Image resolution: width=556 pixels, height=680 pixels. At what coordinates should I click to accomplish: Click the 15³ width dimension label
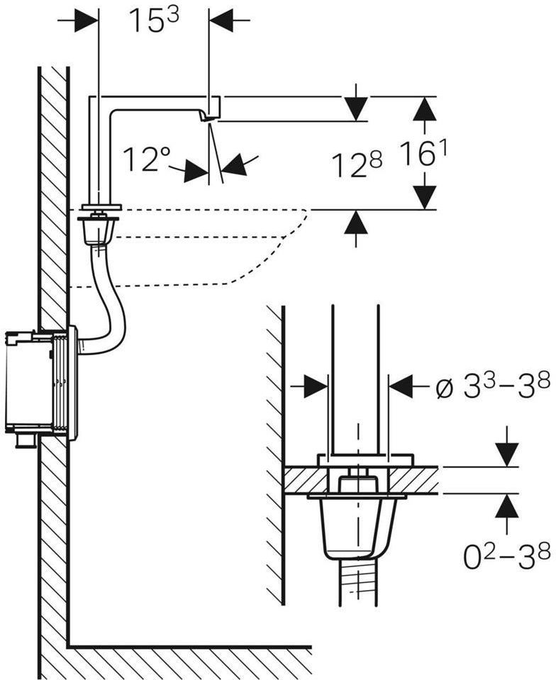click(x=154, y=20)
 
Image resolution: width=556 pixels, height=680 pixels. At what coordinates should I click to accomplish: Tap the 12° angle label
click(x=147, y=159)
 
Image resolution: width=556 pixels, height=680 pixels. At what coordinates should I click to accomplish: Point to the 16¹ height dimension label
click(x=423, y=154)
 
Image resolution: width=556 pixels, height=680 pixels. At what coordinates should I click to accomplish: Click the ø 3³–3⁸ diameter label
click(x=493, y=384)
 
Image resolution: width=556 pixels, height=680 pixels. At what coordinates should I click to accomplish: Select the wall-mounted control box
click(x=41, y=383)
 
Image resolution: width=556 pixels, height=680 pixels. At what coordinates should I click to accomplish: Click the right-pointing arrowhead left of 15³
click(x=87, y=20)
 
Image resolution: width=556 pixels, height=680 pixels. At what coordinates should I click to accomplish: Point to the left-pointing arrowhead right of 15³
click(x=221, y=20)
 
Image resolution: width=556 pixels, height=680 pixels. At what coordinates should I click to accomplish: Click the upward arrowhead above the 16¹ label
click(x=423, y=108)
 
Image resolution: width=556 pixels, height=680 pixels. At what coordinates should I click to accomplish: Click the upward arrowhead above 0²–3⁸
click(x=506, y=506)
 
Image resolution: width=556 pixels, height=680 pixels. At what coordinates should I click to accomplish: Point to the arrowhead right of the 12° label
click(x=233, y=166)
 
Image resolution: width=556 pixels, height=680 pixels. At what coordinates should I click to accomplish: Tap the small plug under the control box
click(x=27, y=440)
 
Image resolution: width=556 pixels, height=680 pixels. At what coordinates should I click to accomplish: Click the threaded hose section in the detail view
click(x=358, y=582)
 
